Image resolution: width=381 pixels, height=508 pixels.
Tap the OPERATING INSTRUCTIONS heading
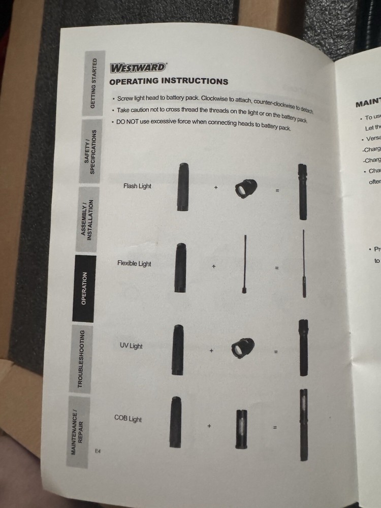[x=169, y=81]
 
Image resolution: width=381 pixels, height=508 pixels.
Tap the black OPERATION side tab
[x=84, y=288]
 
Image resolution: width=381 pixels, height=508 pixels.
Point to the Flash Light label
[x=137, y=186]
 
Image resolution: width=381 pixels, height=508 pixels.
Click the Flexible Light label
[x=134, y=264]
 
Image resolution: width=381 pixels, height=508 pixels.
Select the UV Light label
[x=131, y=346]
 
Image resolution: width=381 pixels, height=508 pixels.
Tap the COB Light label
[x=128, y=419]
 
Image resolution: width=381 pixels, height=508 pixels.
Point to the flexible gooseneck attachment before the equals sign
[x=244, y=264]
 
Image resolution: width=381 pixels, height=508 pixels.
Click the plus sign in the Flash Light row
[x=215, y=187]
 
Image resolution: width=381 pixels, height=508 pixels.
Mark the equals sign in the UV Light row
[x=276, y=352]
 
